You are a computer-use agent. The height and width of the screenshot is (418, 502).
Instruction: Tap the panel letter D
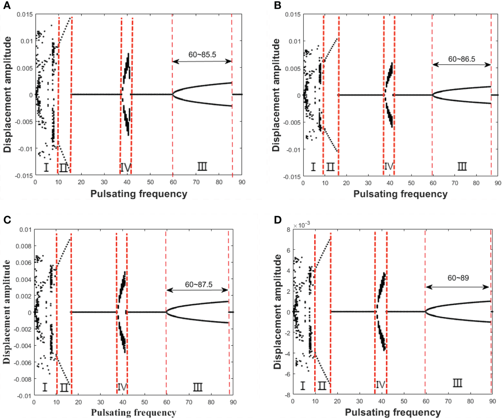tap(278, 220)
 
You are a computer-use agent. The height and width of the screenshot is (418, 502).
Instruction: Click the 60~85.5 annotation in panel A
tap(202, 55)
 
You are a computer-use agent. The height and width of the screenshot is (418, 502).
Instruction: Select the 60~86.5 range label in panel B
tap(461, 59)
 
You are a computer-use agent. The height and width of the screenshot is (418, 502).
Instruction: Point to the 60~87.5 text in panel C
tap(199, 284)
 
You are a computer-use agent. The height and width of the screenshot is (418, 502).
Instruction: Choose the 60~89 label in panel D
tap(458, 278)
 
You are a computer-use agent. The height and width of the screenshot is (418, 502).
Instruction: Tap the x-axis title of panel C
tap(133, 412)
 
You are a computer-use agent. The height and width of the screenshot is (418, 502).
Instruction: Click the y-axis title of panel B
tap(276, 95)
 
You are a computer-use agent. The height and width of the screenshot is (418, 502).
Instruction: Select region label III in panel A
tap(202, 167)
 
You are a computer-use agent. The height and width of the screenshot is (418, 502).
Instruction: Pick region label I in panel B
tap(313, 167)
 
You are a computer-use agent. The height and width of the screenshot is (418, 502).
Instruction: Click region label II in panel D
tap(322, 386)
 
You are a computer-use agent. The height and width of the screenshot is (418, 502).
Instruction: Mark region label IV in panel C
tap(122, 387)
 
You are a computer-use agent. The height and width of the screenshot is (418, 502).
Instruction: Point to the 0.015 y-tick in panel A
tap(25, 14)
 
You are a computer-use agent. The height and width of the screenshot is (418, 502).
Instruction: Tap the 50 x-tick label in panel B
tap(411, 183)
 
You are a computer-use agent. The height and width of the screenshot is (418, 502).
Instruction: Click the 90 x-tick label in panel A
tap(242, 182)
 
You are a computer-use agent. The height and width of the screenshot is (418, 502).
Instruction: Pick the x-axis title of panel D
tap(393, 412)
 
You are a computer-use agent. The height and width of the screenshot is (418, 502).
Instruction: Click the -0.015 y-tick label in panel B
tap(292, 177)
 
